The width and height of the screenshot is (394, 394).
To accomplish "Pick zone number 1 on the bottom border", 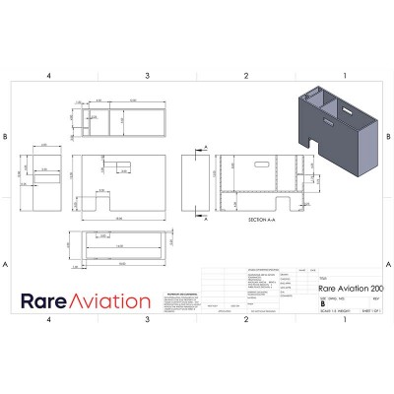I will click(x=345, y=319).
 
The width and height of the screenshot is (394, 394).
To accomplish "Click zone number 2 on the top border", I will click(x=246, y=75).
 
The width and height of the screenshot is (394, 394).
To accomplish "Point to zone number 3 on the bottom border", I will click(x=148, y=319).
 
